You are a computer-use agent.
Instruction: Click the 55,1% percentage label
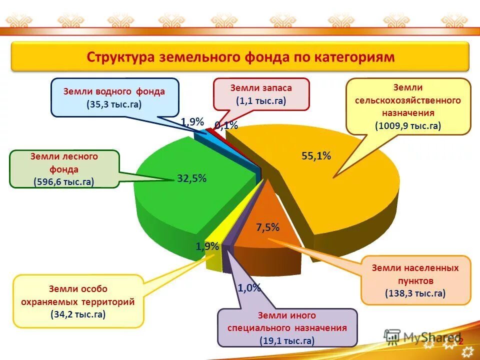pyautogui.click(x=316, y=156)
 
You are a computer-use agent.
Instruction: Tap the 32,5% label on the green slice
pyautogui.click(x=191, y=178)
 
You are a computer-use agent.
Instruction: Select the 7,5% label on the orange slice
pyautogui.click(x=267, y=227)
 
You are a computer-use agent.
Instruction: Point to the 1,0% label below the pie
pyautogui.click(x=249, y=288)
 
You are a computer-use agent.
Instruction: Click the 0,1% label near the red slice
pyautogui.click(x=226, y=125)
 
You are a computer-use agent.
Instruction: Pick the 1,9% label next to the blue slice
pyautogui.click(x=192, y=122)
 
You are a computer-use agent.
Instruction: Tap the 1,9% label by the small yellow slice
pyautogui.click(x=207, y=246)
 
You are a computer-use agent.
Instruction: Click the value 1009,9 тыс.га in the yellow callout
pyautogui.click(x=408, y=125)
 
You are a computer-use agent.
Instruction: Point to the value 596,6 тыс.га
pyautogui.click(x=64, y=182)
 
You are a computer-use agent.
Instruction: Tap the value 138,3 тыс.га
pyautogui.click(x=415, y=293)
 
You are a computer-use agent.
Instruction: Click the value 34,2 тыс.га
pyautogui.click(x=78, y=314)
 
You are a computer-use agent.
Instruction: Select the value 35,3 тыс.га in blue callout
pyautogui.click(x=114, y=104)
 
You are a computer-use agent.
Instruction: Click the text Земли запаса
pyautogui.click(x=261, y=88)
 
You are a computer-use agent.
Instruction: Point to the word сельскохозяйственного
pyautogui.click(x=408, y=100)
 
